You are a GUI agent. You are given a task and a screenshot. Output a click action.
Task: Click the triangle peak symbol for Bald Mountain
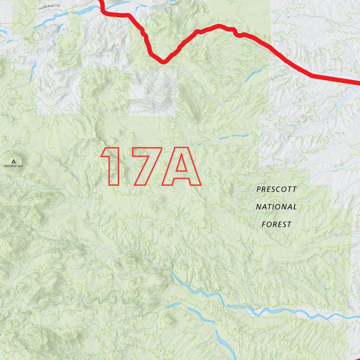click(14, 161)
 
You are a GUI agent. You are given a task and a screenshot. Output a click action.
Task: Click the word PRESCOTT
click(276, 189)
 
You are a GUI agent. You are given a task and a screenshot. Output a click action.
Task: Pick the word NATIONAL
click(276, 207)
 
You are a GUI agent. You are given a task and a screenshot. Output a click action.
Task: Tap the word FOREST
click(277, 224)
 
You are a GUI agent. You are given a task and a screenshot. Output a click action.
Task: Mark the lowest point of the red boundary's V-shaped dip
click(162, 62)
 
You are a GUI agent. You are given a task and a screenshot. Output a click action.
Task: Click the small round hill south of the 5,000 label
click(169, 319)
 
